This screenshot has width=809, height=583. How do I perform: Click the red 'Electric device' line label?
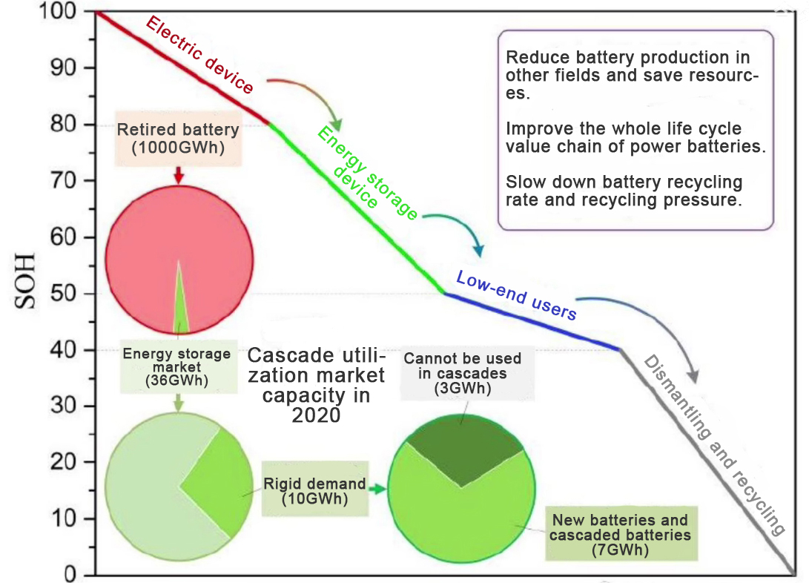coord(199,56)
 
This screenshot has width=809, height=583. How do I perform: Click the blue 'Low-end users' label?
coord(516,295)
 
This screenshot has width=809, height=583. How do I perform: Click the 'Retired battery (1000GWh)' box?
coord(178,139)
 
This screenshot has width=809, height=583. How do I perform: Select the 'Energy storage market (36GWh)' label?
coord(176,366)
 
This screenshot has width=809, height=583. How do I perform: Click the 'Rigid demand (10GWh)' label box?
coord(315,491)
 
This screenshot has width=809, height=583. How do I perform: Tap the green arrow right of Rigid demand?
coord(379,490)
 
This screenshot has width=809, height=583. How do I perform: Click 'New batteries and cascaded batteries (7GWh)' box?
coord(619,535)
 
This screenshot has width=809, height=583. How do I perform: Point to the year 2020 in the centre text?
coord(316,415)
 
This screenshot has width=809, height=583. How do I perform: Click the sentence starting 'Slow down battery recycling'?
coord(624,191)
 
